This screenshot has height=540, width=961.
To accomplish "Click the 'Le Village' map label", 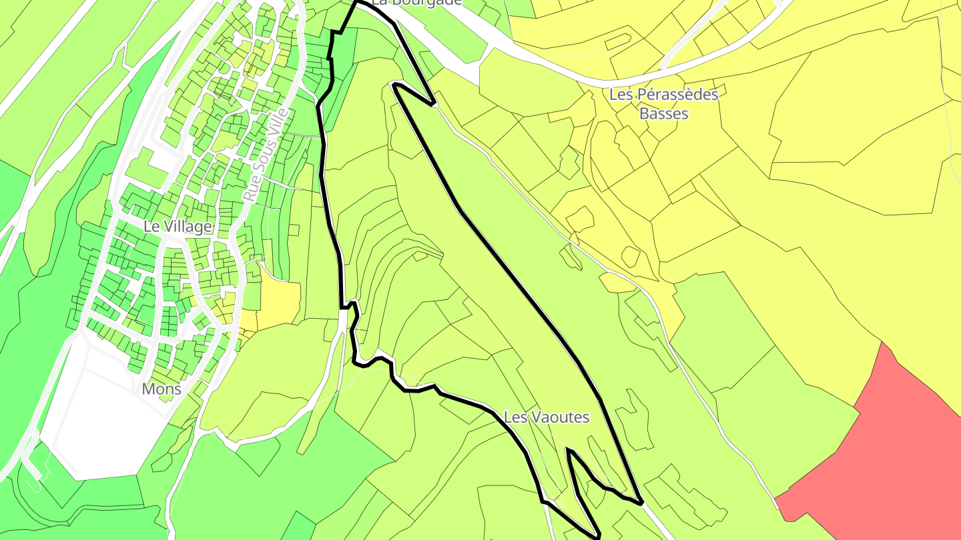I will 178,227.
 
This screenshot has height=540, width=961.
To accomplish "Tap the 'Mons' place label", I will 162,389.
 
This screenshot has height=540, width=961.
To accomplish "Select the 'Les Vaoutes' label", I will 547,417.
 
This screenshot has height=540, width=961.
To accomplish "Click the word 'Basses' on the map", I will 663,113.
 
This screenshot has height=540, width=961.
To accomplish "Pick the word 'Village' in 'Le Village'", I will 187,227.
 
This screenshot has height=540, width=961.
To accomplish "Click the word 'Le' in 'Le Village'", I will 151,227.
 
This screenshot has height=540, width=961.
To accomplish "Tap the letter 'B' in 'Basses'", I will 645,113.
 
